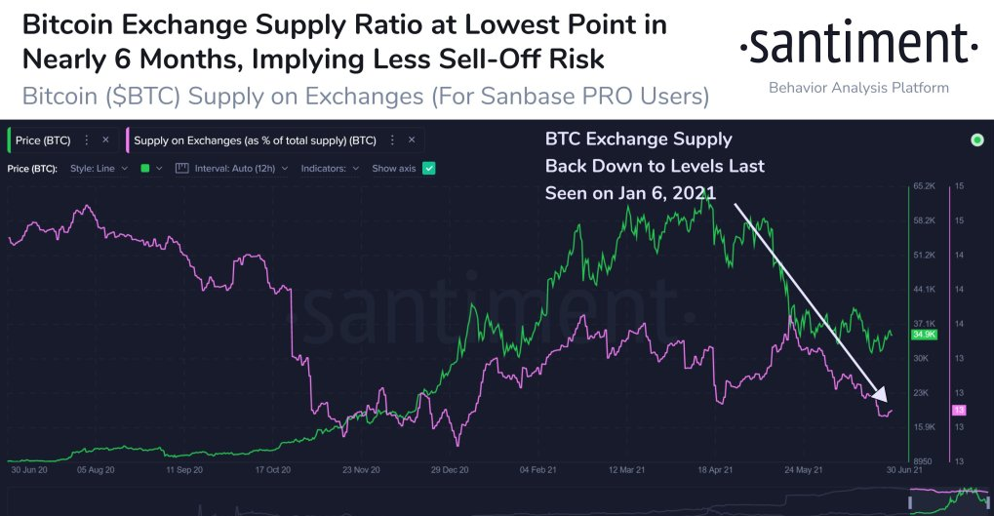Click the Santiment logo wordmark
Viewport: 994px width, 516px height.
(x=858, y=43)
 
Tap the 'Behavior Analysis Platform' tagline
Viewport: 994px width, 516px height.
(x=858, y=88)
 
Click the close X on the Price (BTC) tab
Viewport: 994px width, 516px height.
(x=105, y=140)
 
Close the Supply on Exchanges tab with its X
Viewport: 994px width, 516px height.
(x=412, y=140)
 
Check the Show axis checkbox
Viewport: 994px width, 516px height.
(x=428, y=169)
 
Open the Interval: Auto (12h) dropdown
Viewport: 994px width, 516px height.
(x=232, y=169)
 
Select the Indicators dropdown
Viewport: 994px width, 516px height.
(x=330, y=169)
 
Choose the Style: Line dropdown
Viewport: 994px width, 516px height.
(x=99, y=169)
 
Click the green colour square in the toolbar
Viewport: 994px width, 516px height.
(x=145, y=169)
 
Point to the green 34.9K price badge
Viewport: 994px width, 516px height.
(x=923, y=335)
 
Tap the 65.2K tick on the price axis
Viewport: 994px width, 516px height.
(x=925, y=185)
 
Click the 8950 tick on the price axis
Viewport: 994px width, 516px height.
(x=924, y=461)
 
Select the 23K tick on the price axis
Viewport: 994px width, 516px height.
(x=923, y=392)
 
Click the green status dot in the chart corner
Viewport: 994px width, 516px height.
(x=977, y=140)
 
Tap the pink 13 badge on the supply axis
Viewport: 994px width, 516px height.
(x=959, y=410)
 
